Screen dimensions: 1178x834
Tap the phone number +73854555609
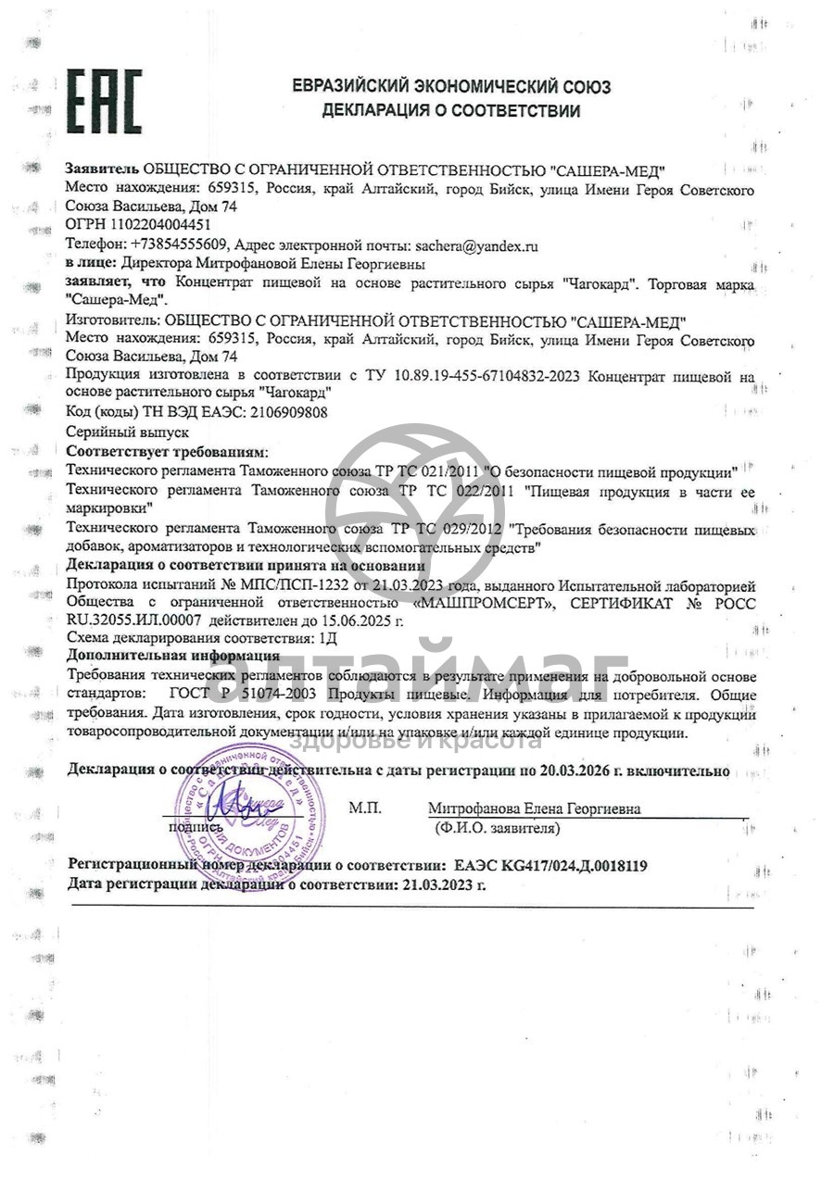[179, 245]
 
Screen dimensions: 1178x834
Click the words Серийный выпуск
[128, 432]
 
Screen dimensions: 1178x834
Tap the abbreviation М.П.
[365, 808]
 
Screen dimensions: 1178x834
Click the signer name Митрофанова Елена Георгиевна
[534, 808]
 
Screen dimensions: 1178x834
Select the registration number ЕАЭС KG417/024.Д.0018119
[550, 866]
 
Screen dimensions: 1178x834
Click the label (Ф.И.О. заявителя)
[497, 827]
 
